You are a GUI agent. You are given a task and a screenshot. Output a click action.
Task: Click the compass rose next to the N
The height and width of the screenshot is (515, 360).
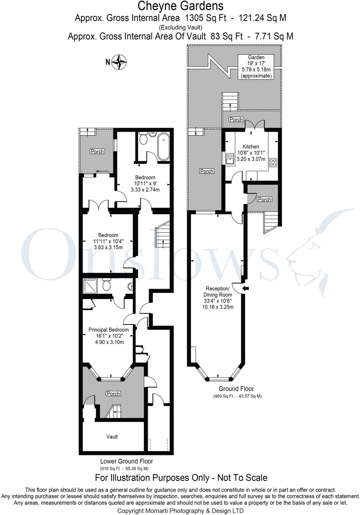119,62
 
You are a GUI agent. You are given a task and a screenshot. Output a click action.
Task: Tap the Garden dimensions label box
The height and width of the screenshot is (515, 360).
256,67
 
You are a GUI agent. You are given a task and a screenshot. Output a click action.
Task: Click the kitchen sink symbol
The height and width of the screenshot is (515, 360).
230,159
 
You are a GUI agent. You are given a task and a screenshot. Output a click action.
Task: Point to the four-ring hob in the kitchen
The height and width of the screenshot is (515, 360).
273,162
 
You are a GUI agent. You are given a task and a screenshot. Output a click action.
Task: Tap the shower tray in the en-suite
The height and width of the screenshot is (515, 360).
90,286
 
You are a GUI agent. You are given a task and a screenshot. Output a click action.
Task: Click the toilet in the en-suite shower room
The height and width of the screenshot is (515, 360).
106,285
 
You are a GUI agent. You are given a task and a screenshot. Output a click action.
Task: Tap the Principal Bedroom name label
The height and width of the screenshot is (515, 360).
108,330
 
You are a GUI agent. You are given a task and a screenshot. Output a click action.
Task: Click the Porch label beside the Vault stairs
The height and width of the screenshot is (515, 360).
113,394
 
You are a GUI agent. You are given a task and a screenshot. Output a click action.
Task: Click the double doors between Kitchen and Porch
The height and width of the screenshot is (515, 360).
255,125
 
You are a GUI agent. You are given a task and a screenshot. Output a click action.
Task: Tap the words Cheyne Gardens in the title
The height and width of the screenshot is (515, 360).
180,6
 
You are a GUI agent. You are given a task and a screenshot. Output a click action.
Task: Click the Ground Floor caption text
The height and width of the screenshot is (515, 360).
236,389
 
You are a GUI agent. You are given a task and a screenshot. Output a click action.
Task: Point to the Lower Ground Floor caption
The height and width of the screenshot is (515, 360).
127,461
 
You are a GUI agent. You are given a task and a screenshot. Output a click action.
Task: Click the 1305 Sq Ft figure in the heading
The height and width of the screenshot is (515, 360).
206,18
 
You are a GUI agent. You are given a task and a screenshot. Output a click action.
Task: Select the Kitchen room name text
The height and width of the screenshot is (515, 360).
251,147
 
